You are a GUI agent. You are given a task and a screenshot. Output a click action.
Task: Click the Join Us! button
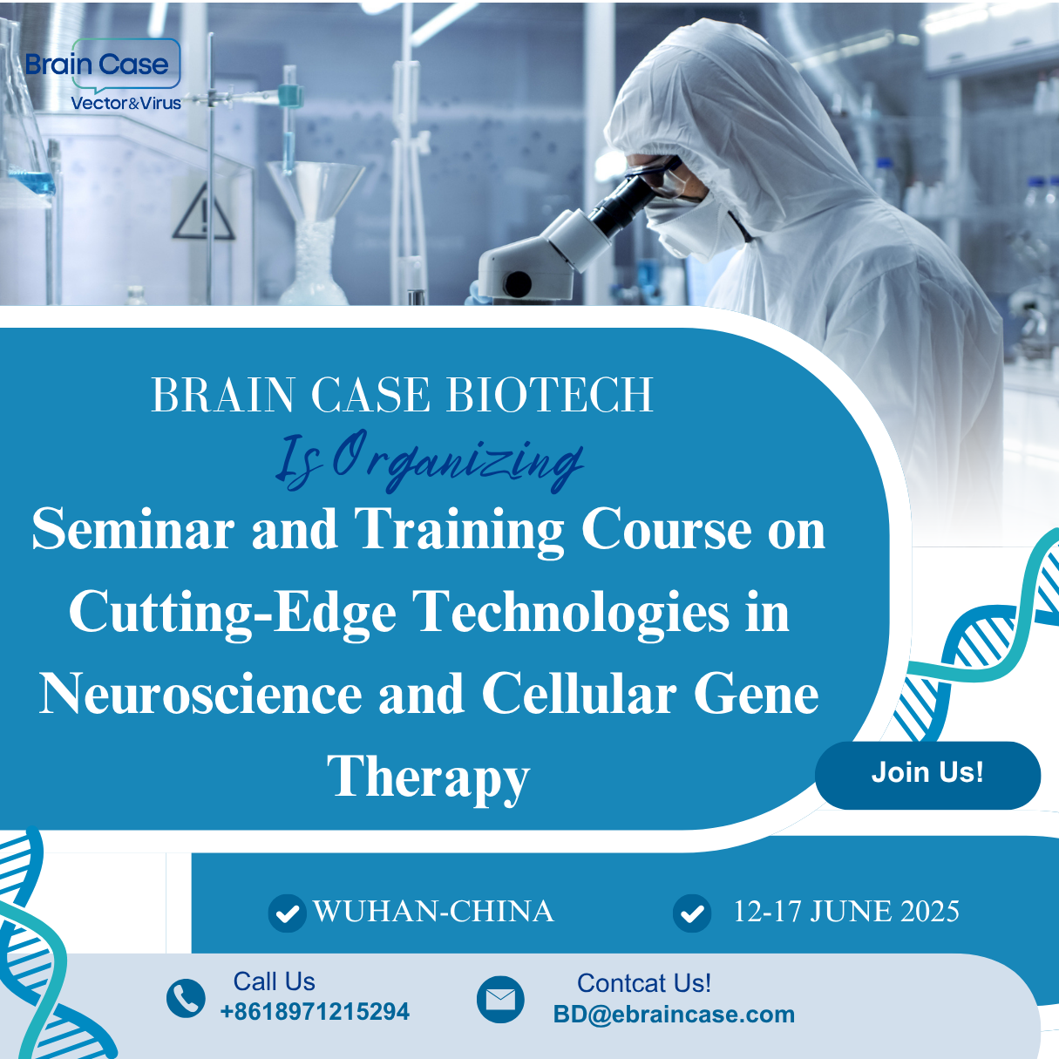coord(927,775)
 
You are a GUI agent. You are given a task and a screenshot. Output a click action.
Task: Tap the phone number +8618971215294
coord(315,1011)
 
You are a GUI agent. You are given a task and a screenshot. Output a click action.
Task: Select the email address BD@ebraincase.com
coord(674,1015)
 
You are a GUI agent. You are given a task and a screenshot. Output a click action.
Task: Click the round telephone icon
coord(186,998)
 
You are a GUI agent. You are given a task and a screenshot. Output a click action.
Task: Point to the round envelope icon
coord(500,1000)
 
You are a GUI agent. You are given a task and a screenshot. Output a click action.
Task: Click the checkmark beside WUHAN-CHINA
coord(287,913)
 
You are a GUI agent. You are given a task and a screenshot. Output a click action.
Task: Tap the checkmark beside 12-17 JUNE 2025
coord(692,913)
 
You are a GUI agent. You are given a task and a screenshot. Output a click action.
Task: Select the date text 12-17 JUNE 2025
coord(846,911)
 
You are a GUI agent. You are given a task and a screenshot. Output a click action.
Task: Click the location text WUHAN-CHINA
coord(433,911)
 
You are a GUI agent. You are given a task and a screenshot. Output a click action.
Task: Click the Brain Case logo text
coord(98,64)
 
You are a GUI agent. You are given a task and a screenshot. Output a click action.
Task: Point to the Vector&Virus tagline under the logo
coord(126,103)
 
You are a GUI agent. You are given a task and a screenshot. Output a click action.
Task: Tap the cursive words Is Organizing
coord(429,462)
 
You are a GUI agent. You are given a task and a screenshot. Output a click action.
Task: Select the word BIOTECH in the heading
coord(550,395)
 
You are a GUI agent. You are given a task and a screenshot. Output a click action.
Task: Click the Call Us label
coord(274,981)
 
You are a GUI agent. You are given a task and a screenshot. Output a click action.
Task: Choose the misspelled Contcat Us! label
coord(643,983)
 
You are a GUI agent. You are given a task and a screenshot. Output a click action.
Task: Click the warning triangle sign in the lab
coord(204,214)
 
